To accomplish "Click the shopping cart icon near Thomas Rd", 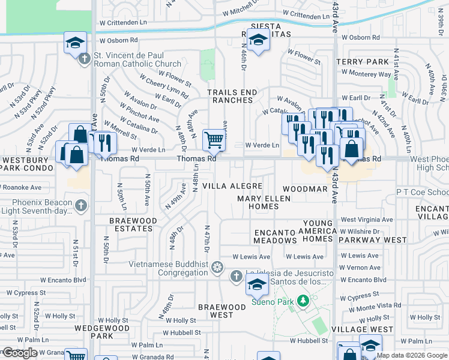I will click(214, 140).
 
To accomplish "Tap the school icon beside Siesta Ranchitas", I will click(258, 41).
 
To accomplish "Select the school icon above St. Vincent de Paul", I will click(76, 43).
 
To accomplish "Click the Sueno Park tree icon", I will click(304, 299).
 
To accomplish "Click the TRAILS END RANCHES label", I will click(232, 97).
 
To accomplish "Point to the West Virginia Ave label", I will click(366, 220).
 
